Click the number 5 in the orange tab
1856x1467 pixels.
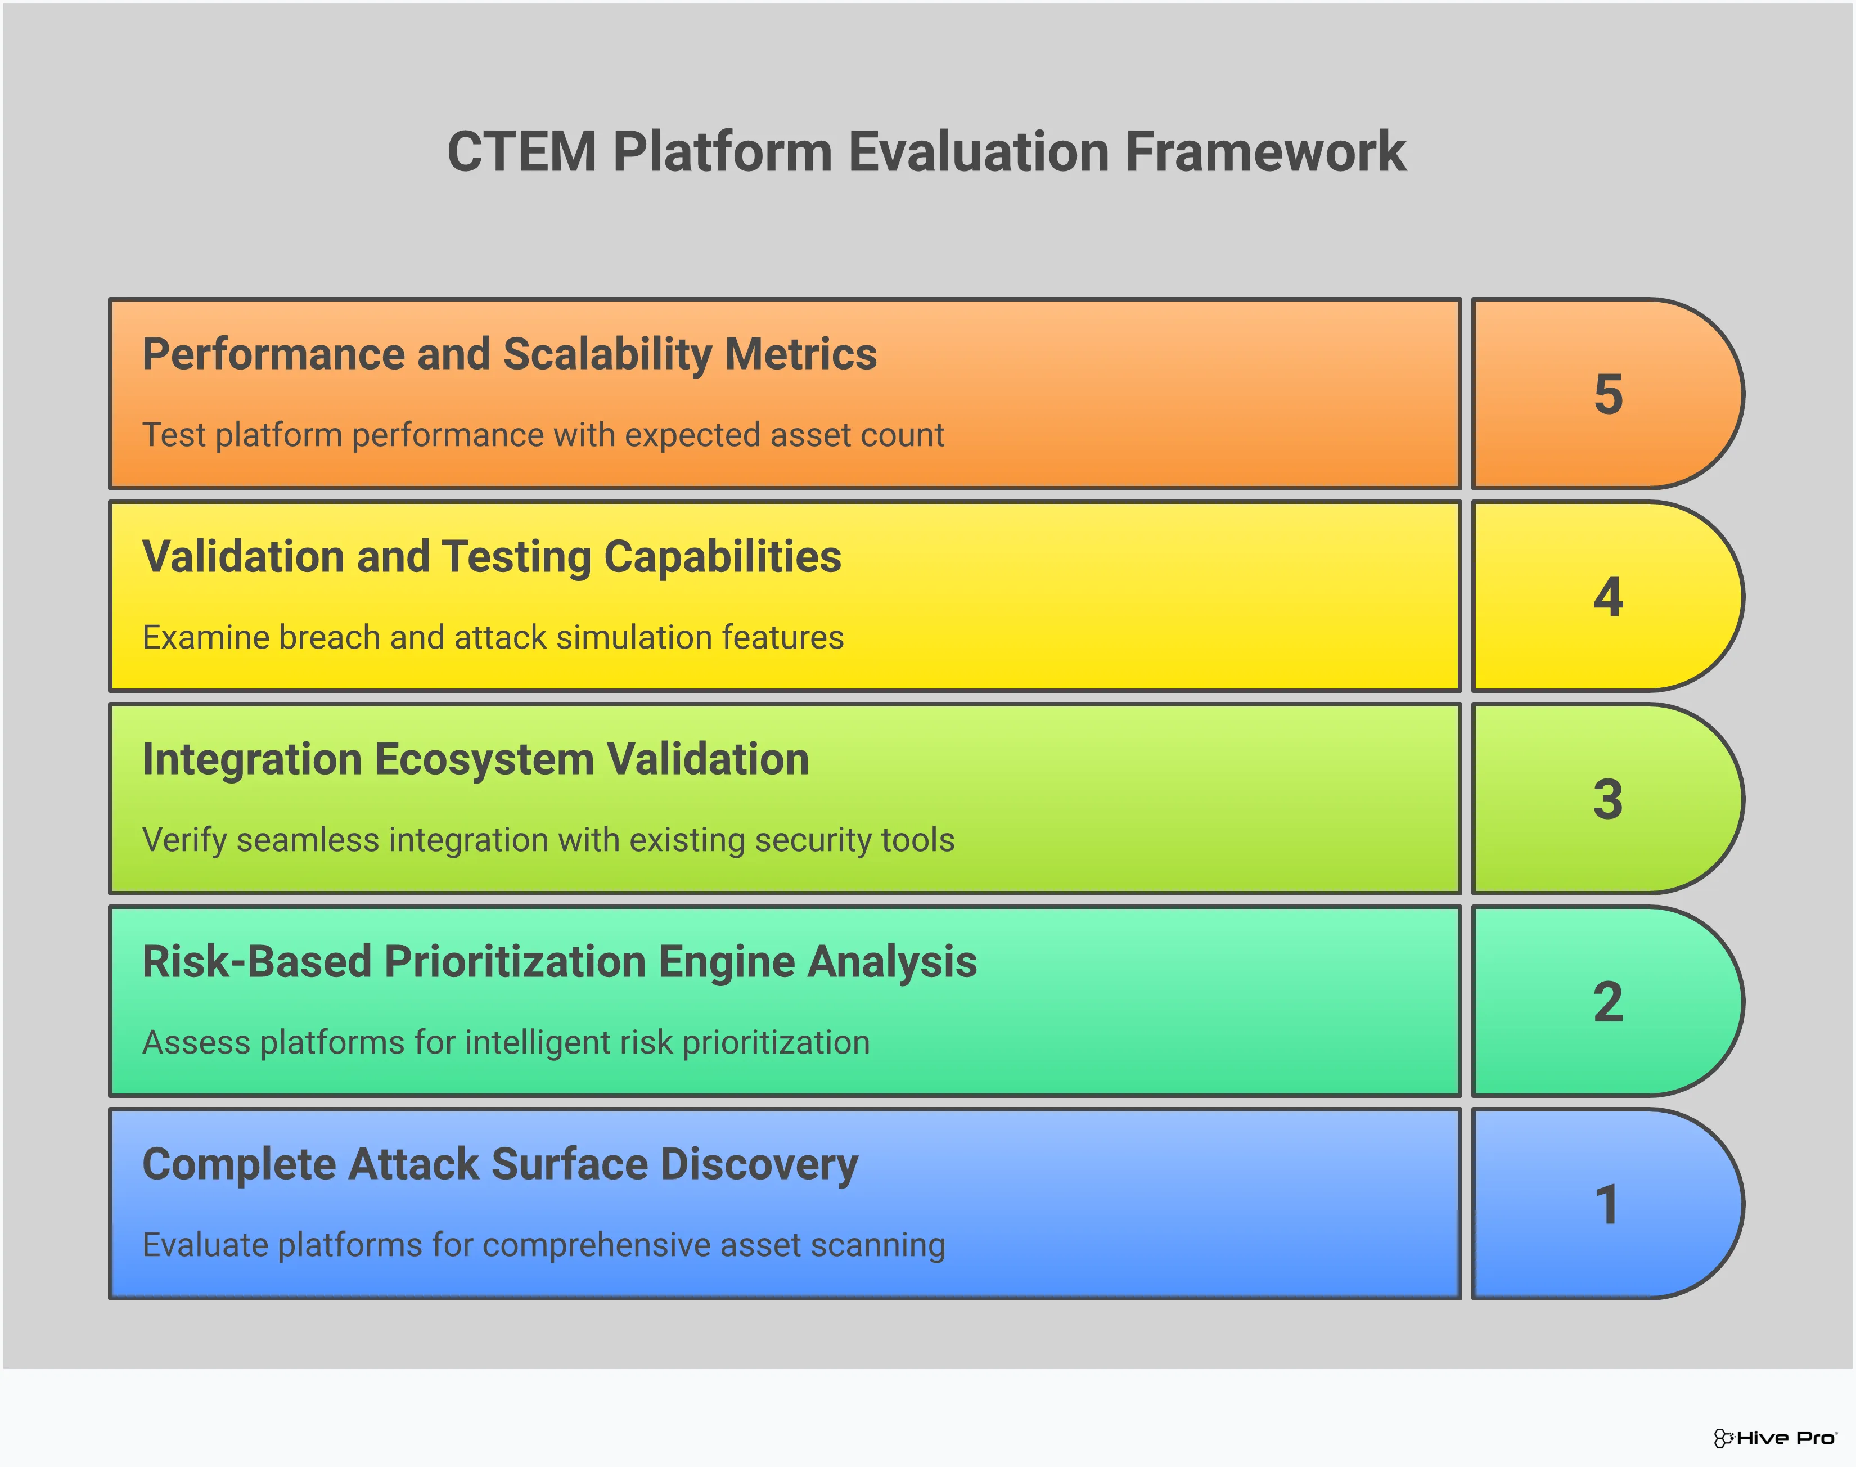[1608, 394]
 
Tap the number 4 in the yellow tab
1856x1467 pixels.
[1608, 597]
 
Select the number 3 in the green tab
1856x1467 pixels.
[1608, 800]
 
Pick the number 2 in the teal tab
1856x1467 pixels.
[1608, 1002]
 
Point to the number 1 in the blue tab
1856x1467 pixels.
[1608, 1204]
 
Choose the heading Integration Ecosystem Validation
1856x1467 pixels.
[475, 759]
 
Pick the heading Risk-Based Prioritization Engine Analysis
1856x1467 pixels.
[559, 962]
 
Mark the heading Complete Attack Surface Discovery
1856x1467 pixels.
[500, 1165]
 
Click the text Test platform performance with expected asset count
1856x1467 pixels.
[543, 435]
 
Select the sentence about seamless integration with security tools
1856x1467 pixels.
[548, 840]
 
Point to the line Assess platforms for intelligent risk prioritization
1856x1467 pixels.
[506, 1043]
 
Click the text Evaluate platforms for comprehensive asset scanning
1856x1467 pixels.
[544, 1245]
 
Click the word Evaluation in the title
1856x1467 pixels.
[979, 152]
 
